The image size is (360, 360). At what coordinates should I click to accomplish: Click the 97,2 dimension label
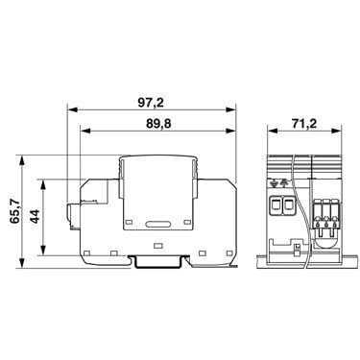[151, 103]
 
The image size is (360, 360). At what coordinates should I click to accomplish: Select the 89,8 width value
[158, 124]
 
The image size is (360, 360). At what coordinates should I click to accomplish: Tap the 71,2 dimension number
[304, 123]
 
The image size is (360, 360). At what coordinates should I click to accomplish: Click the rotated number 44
[35, 216]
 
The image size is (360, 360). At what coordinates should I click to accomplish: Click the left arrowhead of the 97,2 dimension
[73, 109]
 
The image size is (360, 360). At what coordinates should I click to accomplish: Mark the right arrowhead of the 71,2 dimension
[336, 131]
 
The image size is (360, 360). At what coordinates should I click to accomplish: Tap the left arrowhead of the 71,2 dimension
[273, 131]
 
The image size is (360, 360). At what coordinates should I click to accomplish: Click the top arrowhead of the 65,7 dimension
[22, 160]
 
